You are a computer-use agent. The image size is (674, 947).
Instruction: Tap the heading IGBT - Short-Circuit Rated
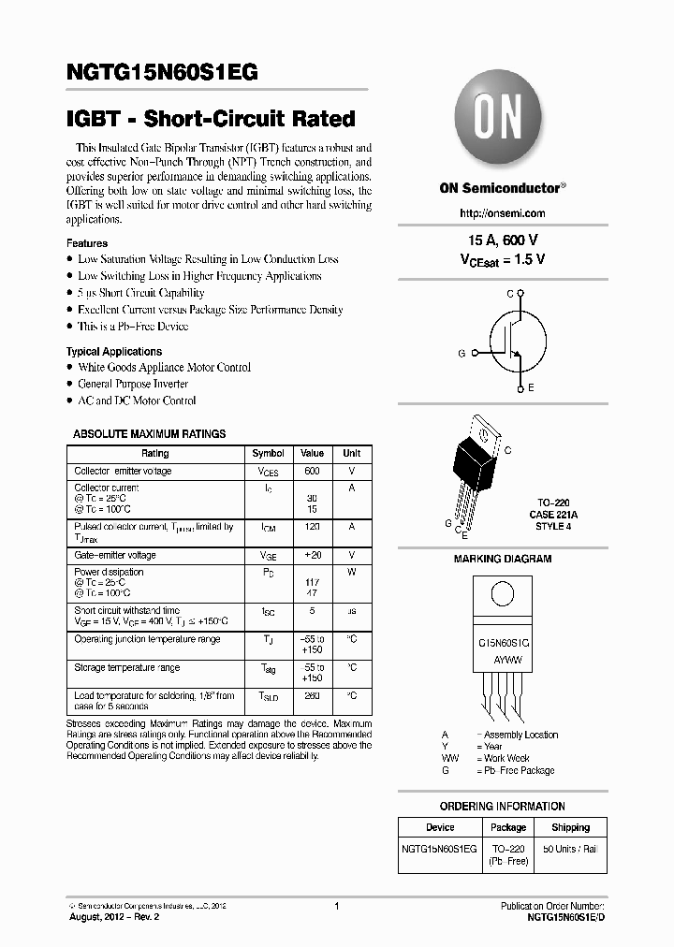click(x=211, y=119)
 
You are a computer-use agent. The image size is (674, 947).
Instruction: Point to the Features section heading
click(x=86, y=243)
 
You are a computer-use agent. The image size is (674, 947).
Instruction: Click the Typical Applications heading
click(x=113, y=352)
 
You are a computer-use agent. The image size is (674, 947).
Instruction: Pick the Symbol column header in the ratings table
click(x=269, y=454)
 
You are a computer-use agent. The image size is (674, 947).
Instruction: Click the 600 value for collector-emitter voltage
click(x=312, y=472)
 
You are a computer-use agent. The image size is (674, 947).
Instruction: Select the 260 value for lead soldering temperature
click(x=312, y=696)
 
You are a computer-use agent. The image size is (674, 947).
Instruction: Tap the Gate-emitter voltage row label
click(x=115, y=555)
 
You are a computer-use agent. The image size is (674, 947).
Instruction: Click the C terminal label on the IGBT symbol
click(x=510, y=294)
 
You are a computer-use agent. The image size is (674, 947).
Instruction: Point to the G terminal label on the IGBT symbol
click(x=462, y=353)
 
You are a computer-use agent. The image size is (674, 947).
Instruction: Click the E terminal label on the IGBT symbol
click(x=531, y=387)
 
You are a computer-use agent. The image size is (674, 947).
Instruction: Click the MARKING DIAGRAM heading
click(x=503, y=559)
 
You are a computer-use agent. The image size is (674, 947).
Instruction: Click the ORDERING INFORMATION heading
click(x=502, y=807)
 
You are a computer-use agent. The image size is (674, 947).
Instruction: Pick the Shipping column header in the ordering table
click(x=570, y=827)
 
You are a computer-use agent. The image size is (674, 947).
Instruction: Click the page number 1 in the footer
click(x=335, y=906)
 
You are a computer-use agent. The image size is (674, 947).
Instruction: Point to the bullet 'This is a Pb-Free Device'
click(x=132, y=327)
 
